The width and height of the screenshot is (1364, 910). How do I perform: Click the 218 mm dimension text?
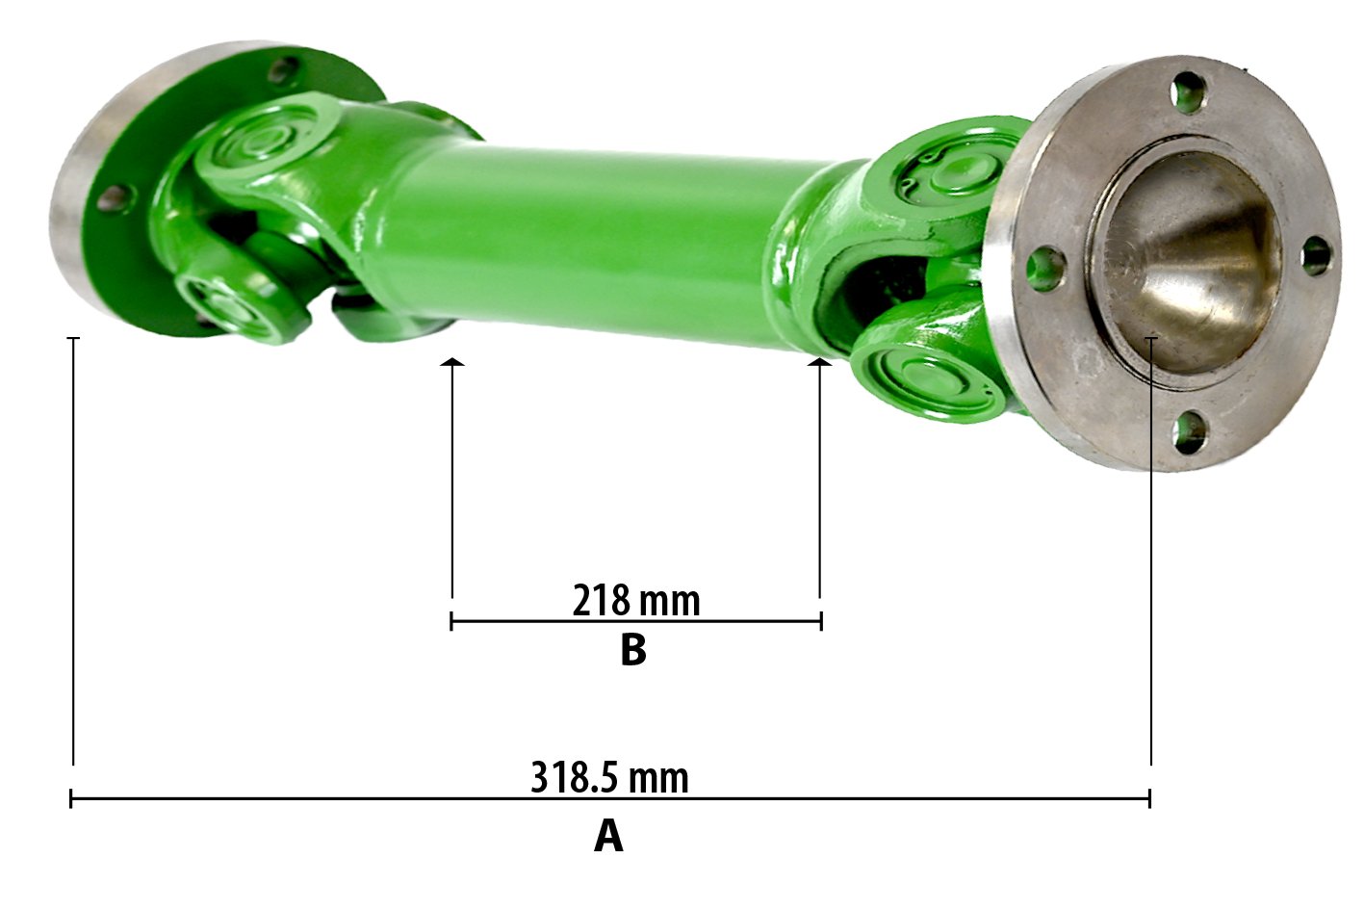click(636, 600)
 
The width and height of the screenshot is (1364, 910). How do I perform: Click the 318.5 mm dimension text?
click(609, 776)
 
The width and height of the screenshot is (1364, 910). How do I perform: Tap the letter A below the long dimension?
click(608, 836)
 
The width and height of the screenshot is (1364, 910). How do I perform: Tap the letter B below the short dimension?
click(632, 650)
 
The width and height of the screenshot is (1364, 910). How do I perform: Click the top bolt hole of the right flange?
click(1190, 92)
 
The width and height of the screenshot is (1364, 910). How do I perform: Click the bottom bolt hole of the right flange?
click(1190, 433)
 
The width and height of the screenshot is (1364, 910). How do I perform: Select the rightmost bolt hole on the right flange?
click(1317, 256)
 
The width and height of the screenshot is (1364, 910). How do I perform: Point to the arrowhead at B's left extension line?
click(452, 362)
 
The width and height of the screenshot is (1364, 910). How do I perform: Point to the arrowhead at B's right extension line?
click(819, 362)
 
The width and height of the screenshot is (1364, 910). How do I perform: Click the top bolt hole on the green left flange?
click(286, 71)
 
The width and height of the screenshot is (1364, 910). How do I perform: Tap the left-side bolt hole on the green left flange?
click(113, 198)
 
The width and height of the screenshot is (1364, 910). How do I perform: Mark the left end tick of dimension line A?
click(71, 798)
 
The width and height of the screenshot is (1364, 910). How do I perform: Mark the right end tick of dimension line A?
click(1149, 798)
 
